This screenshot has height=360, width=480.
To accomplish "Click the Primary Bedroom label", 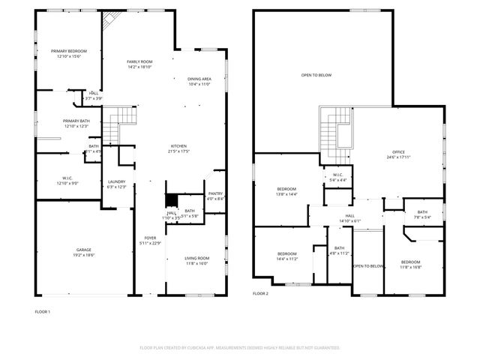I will coord(67,51).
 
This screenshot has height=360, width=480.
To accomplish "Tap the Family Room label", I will coord(139,61).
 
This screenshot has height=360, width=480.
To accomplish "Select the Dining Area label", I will coord(199,79).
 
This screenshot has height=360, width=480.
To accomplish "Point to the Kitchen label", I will coord(178,146).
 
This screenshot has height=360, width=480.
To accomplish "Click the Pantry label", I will coord(215,193).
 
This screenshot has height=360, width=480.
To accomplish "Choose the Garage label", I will coord(83,250).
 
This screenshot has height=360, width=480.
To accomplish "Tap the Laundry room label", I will coord(116,181).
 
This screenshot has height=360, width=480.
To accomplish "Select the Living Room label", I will coord(197,259).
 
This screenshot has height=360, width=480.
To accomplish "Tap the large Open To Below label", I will coord(316,75).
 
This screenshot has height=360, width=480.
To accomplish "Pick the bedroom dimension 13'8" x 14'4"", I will coord(287,194).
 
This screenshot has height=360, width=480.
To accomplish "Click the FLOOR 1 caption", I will coord(43,311).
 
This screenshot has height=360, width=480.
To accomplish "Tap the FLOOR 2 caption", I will coord(260,293).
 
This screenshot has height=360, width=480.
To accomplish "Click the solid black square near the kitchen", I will coord(172,200).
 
